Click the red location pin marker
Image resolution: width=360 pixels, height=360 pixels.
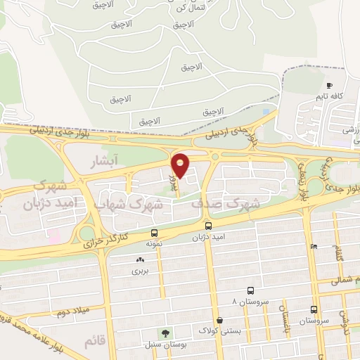pyautogui.click(x=181, y=165)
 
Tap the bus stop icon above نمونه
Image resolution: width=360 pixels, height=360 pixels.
pyautogui.click(x=154, y=233)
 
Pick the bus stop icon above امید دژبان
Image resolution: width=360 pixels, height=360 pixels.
pyautogui.click(x=208, y=226)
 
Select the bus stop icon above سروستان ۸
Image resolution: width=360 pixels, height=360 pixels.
pyautogui.click(x=250, y=290)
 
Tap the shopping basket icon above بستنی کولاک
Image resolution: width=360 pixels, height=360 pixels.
pyautogui.click(x=220, y=320)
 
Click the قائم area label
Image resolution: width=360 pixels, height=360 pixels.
pyautogui.click(x=94, y=342)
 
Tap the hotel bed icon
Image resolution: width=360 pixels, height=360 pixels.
pyautogui.click(x=313, y=246)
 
